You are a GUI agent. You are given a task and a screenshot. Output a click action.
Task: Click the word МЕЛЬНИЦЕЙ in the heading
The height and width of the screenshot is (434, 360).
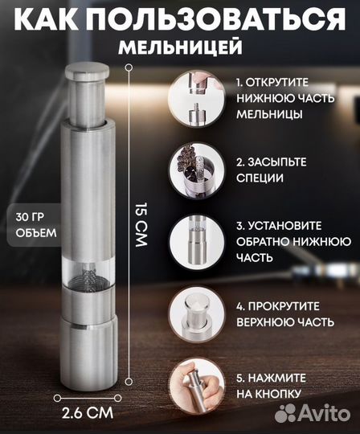[180, 47]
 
